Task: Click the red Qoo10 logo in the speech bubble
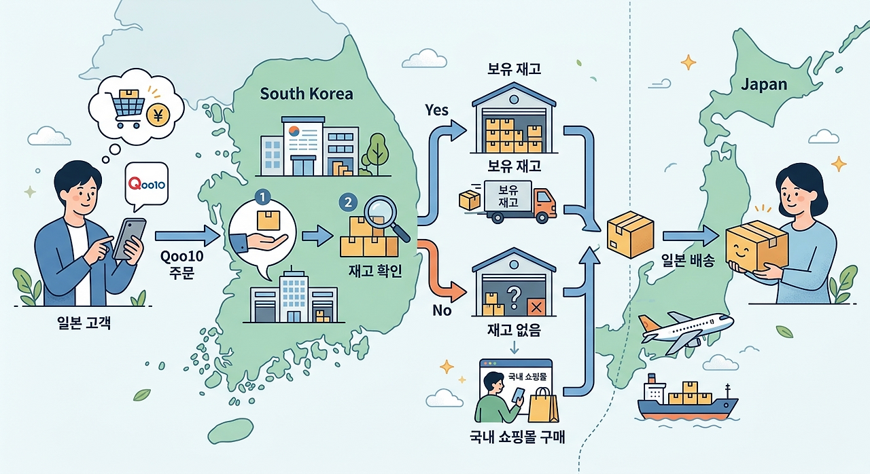(x=147, y=183)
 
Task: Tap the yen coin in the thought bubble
(x=158, y=115)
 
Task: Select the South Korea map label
(x=307, y=94)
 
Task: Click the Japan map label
(x=764, y=85)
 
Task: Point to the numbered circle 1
(x=262, y=198)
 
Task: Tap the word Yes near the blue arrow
(x=436, y=110)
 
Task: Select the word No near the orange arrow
(x=442, y=310)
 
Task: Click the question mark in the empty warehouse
(x=515, y=297)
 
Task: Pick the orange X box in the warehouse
(x=536, y=307)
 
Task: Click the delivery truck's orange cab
(x=544, y=204)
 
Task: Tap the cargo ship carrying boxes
(x=687, y=399)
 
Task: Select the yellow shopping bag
(x=543, y=405)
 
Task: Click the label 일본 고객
(x=84, y=323)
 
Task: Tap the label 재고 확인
(x=375, y=271)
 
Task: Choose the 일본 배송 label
(x=688, y=261)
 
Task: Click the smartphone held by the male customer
(x=129, y=238)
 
